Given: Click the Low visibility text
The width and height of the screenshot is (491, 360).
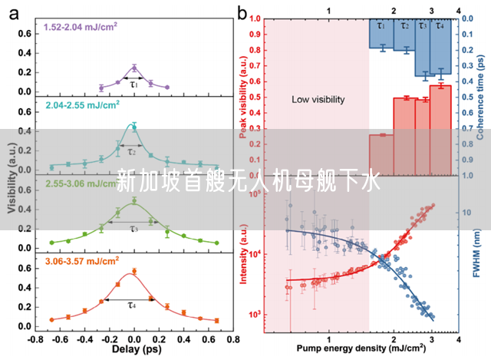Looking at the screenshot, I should tap(318, 100).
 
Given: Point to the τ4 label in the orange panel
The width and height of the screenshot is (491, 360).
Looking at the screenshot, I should tap(132, 305).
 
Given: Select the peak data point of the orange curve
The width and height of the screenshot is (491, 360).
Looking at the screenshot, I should tap(134, 271).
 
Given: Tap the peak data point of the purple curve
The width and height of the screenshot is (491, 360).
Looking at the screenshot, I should tap(134, 68).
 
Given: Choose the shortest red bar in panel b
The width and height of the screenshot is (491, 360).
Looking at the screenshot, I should tap(381, 155).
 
